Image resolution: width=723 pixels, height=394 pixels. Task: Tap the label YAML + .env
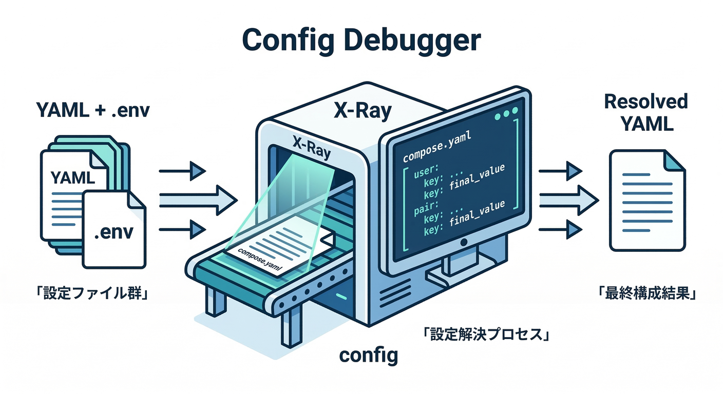92,110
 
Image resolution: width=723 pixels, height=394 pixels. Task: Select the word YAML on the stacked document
72,178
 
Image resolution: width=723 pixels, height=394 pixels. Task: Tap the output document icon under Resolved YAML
646,200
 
